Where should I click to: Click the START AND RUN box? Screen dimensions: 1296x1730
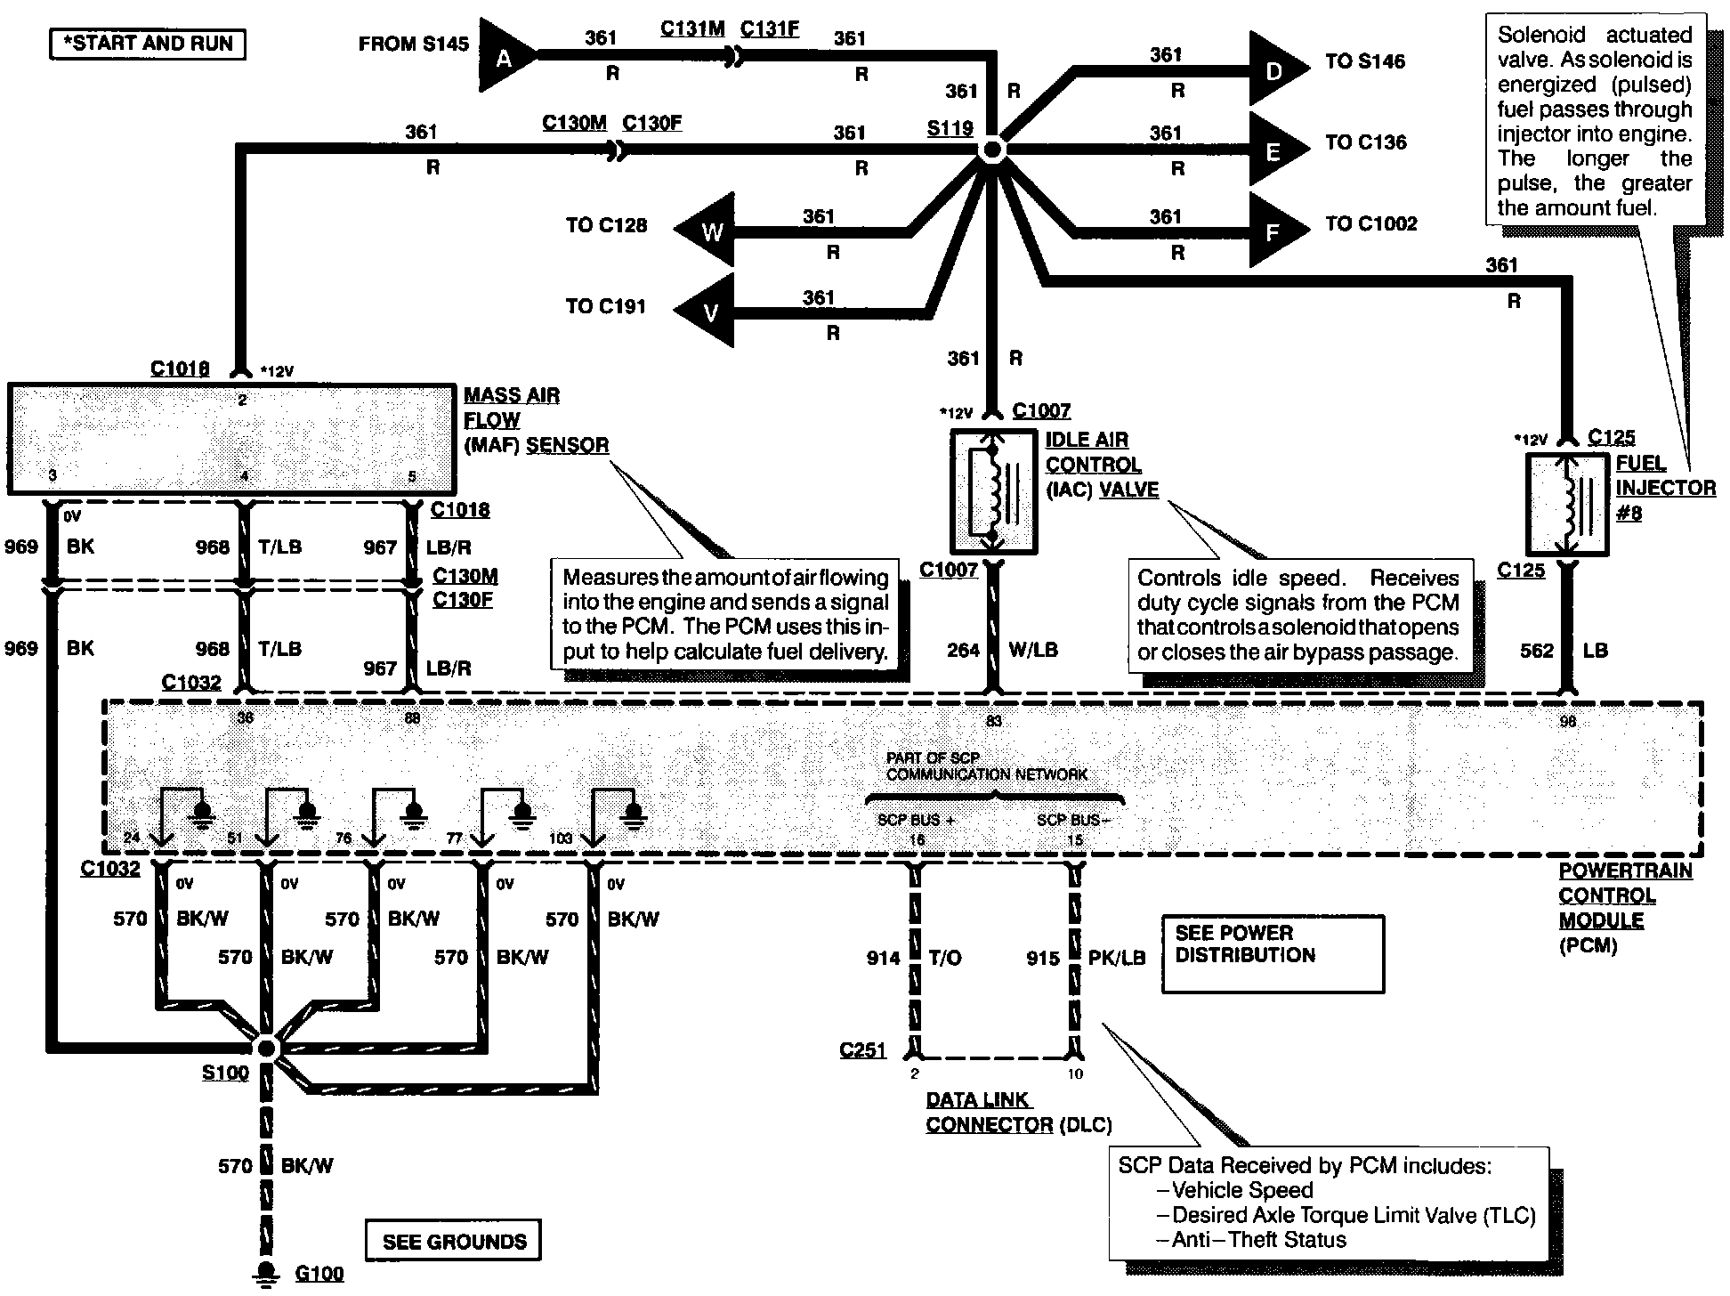147,44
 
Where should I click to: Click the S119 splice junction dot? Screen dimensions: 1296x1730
992,150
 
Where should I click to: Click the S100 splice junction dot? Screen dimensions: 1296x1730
266,1049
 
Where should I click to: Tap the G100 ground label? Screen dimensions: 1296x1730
319,1274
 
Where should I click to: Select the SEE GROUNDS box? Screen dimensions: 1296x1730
454,1241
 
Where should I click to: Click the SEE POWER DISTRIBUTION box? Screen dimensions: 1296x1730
1273,954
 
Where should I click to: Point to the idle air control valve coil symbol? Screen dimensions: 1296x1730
993,491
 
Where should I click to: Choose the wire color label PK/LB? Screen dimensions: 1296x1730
1117,958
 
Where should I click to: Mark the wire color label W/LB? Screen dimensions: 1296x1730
1033,650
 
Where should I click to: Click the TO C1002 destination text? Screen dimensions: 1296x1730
1370,223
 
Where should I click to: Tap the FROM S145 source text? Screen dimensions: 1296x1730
414,45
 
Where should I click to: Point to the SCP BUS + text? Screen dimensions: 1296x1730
916,820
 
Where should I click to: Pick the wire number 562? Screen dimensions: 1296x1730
1537,651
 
